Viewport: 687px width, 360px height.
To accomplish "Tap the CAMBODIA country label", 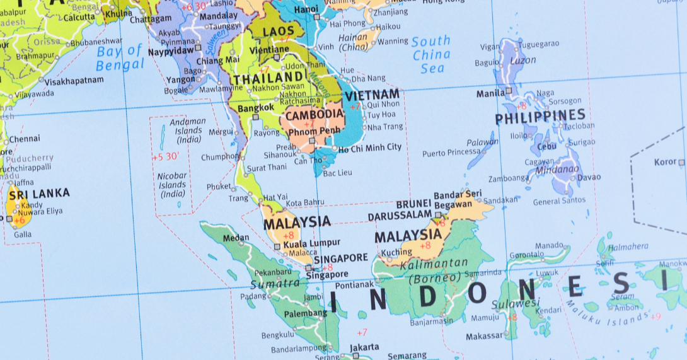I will click(314, 115).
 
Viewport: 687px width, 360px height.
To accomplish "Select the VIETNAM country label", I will click(372, 95).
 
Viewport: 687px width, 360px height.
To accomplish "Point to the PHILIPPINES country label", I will click(540, 117).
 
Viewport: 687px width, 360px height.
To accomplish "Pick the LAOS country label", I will click(279, 32).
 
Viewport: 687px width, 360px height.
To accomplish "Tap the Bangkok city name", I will click(256, 107).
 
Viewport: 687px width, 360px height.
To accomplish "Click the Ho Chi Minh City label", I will click(369, 148).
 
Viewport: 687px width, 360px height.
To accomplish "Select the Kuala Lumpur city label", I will click(311, 243).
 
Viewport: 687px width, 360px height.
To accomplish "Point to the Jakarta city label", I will click(364, 347).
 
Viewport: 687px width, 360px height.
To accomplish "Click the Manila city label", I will click(490, 93).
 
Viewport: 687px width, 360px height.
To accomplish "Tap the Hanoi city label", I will click(306, 9).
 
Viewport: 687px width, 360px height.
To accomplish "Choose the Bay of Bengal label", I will click(120, 57).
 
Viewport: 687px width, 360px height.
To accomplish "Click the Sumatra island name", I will click(275, 283).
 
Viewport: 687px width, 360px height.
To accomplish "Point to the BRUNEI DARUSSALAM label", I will click(403, 210).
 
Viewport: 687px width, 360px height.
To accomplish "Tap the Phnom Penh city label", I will click(315, 131).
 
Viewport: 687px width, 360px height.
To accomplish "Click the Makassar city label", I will click(484, 336).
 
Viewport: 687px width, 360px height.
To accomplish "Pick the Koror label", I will click(665, 162).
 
